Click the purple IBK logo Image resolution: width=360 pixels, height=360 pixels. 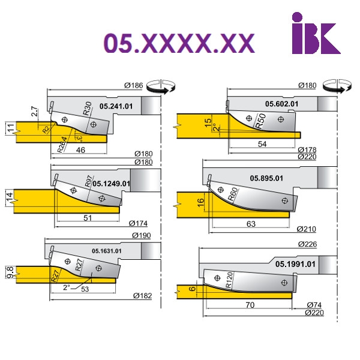(x=316, y=33)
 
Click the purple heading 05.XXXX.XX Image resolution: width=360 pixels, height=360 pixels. (x=179, y=43)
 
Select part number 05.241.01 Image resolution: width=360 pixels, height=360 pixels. (x=116, y=106)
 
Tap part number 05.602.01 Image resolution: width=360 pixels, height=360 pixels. (x=282, y=104)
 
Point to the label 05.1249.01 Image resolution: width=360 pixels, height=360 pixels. (x=111, y=184)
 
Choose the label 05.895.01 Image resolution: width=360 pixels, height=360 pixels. (x=266, y=178)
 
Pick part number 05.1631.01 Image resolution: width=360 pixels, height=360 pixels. (x=107, y=251)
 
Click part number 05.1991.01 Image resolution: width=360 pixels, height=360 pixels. (x=295, y=264)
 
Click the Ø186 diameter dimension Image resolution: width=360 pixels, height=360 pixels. (x=134, y=85)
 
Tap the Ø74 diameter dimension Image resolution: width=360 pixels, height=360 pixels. (x=314, y=305)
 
